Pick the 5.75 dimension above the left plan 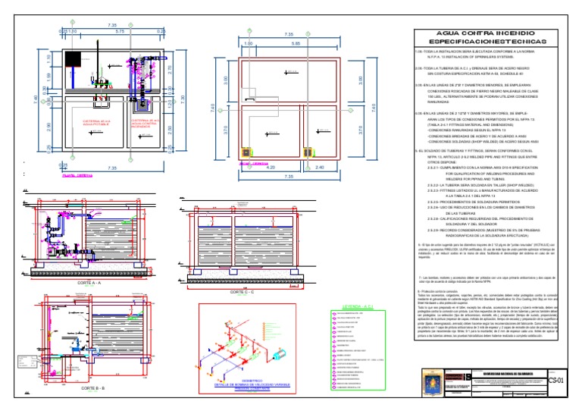pyautogui.click(x=119, y=32)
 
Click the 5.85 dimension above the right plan pyautogui.click(x=294, y=43)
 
